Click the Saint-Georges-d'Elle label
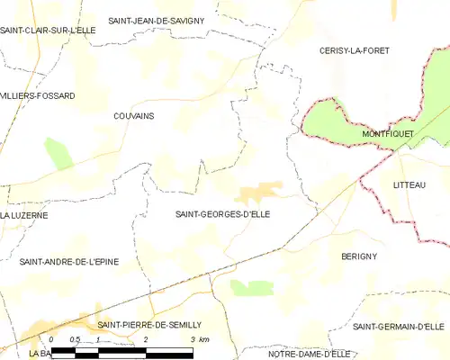[x=222, y=214]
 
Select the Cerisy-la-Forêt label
[x=354, y=51]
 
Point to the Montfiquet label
[x=388, y=133]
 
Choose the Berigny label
[x=359, y=256]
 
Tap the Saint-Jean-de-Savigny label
[x=157, y=20]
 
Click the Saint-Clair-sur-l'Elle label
[x=49, y=31]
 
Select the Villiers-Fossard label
[x=38, y=95]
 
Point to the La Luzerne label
[x=24, y=216]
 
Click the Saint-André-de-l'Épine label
[x=69, y=261]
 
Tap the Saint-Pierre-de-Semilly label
[x=149, y=324]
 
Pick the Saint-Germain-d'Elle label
[x=400, y=326]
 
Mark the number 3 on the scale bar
[x=193, y=338]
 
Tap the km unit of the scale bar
[x=204, y=338]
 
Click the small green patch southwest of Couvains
[x=58, y=154]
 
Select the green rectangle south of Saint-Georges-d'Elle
[x=251, y=287]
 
